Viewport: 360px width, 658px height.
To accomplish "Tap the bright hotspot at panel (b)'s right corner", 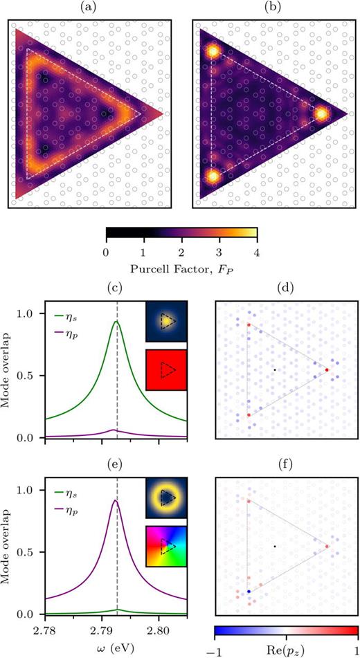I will (322, 113).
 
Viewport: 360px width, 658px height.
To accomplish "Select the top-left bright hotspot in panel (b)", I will (213, 51).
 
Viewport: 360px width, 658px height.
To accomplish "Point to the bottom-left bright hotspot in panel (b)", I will (213, 176).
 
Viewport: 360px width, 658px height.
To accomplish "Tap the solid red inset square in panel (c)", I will (166, 369).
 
